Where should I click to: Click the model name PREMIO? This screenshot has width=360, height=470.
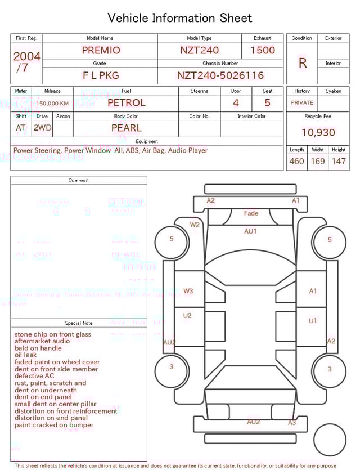(x=101, y=50)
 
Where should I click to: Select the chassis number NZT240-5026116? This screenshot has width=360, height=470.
(x=220, y=75)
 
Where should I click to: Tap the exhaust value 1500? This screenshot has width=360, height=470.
(x=262, y=50)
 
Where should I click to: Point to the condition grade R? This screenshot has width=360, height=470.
(x=302, y=63)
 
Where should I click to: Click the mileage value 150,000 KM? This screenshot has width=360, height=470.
(x=53, y=104)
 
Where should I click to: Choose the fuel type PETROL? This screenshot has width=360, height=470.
(x=126, y=102)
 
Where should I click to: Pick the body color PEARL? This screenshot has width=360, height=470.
(x=126, y=128)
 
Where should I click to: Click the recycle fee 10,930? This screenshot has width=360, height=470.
(x=318, y=133)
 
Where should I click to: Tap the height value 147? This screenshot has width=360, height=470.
(x=338, y=161)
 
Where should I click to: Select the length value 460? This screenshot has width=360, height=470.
(x=296, y=161)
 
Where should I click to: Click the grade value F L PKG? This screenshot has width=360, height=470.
(x=101, y=75)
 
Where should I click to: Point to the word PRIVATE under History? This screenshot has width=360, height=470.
(x=302, y=103)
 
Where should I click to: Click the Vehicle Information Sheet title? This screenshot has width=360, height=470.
(x=180, y=18)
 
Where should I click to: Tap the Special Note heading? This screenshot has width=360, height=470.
(x=79, y=323)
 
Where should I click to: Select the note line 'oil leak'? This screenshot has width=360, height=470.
(x=26, y=355)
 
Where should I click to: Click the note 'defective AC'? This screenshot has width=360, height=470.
(x=34, y=376)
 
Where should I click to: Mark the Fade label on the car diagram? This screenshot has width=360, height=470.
(x=251, y=213)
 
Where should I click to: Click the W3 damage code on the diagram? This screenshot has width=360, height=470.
(x=188, y=291)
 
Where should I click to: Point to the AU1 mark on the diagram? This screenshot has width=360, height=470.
(x=250, y=231)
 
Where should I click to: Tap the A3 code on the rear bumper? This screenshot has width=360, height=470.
(x=292, y=422)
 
